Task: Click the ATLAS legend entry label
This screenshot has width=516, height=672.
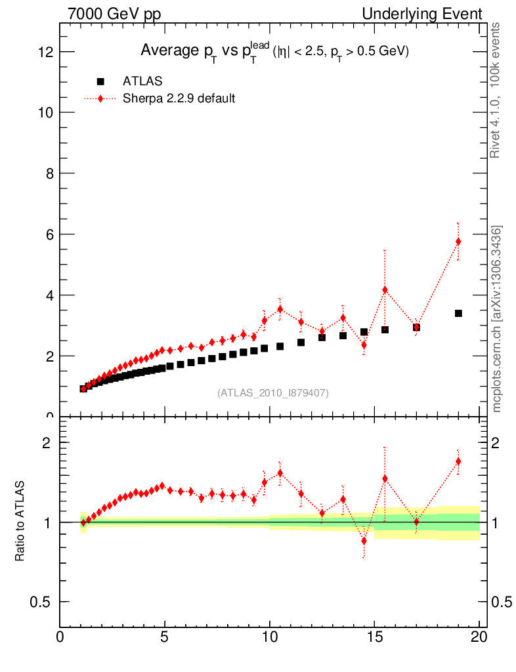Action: click(142, 81)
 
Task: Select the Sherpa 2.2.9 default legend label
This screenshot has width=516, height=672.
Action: click(179, 98)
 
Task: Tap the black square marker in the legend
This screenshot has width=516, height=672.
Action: click(100, 81)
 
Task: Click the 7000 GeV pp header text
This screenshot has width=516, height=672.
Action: click(114, 14)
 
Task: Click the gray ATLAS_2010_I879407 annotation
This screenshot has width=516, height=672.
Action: click(272, 392)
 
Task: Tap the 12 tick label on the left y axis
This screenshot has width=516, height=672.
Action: click(45, 52)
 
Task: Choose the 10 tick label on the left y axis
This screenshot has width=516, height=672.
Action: click(45, 113)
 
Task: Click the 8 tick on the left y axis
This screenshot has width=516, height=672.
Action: click(49, 173)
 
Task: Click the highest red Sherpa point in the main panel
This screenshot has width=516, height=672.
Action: click(458, 241)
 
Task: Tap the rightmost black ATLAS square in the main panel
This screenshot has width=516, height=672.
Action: click(458, 313)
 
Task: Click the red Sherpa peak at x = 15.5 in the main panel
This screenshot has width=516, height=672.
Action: click(385, 289)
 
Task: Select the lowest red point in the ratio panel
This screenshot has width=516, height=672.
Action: click(364, 541)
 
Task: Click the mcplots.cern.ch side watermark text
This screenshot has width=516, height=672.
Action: click(497, 319)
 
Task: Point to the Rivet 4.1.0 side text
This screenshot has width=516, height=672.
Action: click(497, 91)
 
